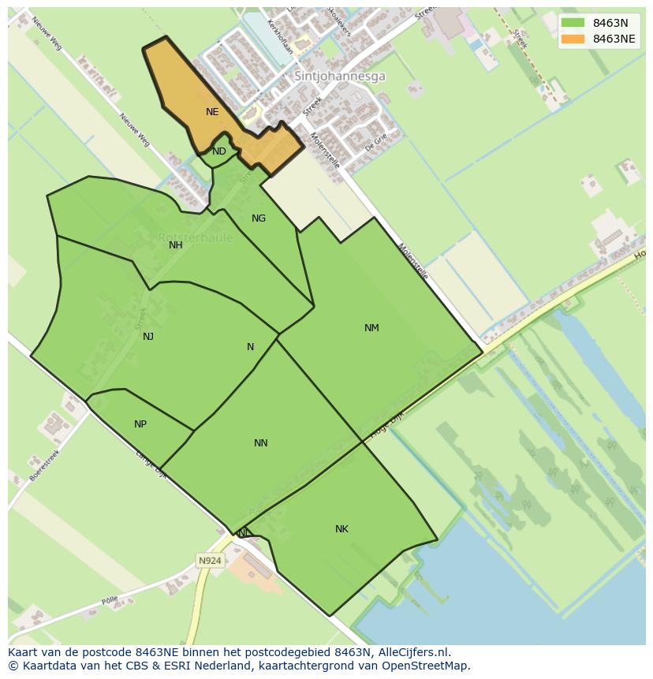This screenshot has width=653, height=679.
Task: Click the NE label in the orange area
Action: coord(212,112)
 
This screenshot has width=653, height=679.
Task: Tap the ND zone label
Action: coord(219,151)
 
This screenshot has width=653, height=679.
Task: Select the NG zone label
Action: coord(259,218)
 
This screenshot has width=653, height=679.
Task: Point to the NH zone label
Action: coord(176,245)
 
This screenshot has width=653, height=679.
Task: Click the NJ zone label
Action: coord(148,337)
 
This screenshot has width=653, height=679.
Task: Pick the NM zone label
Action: coord(371,328)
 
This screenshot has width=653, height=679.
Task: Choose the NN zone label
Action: coord(261,443)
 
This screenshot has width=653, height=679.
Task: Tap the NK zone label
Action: coord(341,529)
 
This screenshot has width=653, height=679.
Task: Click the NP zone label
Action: coord(140,424)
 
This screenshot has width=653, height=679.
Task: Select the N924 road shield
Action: coord(210,561)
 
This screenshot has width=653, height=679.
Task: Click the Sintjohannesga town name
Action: coord(340,76)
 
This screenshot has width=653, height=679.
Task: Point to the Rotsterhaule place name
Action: coord(195,237)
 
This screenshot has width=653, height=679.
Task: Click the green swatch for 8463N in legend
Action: coord(573,23)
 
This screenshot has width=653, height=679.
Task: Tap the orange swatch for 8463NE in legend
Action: coord(573,39)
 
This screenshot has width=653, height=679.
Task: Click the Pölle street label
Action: coord(110,601)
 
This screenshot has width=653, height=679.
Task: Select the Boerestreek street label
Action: coord(45,465)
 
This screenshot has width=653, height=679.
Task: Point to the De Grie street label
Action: coord(376,141)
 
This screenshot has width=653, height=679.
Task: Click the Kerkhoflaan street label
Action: coord(280,35)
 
